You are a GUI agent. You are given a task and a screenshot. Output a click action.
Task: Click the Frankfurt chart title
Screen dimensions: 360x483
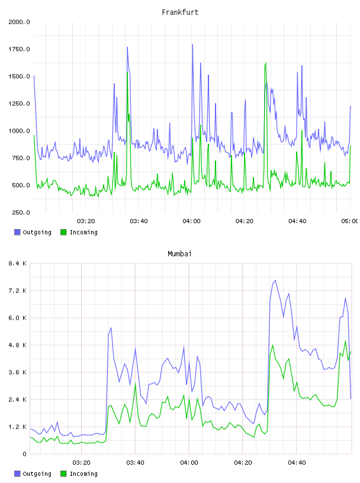tap(180, 12)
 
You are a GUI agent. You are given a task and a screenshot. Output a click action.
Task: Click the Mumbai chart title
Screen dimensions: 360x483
tap(179, 254)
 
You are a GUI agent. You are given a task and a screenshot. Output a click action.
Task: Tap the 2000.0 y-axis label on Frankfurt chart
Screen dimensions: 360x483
tap(19, 22)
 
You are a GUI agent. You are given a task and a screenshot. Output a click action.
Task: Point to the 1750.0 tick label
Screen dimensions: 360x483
tap(19, 49)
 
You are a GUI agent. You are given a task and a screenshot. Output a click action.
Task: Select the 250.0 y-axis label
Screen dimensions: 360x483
tap(21, 212)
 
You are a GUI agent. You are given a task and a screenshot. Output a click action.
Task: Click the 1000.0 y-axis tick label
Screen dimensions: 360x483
tap(19, 131)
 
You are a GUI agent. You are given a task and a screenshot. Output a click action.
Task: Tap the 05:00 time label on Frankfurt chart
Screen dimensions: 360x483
tap(349, 221)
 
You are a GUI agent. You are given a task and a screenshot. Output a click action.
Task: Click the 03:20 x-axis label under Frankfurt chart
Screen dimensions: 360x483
tap(86, 221)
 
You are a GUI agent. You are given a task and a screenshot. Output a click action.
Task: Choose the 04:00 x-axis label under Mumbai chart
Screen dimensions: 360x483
tap(189, 463)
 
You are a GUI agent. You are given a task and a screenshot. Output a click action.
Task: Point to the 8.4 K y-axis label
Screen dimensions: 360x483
tap(18, 263)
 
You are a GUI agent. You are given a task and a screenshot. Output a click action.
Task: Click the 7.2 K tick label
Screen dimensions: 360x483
tap(18, 291)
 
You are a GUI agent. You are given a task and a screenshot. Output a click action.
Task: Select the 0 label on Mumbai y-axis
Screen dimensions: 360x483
tap(24, 454)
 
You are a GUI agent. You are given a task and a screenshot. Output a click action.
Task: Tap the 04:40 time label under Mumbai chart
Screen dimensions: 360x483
tap(297, 463)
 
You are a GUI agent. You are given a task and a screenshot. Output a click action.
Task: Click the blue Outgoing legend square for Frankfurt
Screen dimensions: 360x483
tap(17, 232)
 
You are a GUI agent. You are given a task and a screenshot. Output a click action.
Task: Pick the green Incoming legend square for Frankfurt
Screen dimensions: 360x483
tap(63, 232)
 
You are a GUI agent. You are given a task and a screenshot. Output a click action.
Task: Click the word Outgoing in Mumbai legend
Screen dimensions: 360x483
tap(37, 474)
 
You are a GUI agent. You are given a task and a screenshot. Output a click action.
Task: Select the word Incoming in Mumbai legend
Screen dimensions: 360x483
tap(83, 474)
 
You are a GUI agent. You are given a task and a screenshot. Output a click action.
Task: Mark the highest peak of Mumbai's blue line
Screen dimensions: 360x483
tap(275, 281)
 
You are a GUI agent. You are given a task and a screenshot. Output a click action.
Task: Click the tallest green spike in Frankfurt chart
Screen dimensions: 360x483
tap(266, 63)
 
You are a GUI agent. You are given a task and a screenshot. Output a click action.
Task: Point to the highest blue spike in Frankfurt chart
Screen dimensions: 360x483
tap(192, 44)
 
